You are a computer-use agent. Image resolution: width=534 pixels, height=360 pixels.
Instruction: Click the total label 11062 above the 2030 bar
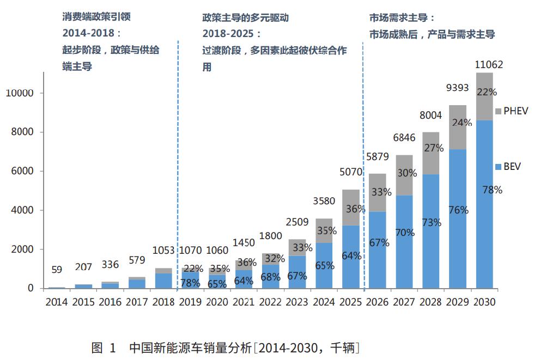tap(489, 65)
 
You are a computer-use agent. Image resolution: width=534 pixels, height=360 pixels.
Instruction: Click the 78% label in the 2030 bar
tap(491, 190)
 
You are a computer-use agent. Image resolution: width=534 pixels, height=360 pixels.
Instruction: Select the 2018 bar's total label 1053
tap(163, 251)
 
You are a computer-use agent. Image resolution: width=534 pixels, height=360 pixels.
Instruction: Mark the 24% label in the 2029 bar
tap(462, 123)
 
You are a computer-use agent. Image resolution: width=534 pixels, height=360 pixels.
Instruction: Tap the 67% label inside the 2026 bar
tap(379, 243)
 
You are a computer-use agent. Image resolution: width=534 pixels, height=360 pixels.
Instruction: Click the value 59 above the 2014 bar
tap(57, 270)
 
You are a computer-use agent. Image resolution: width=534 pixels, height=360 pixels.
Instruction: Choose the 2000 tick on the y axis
tap(23, 249)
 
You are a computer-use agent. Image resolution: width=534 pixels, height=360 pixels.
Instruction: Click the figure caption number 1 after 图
tap(113, 347)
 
